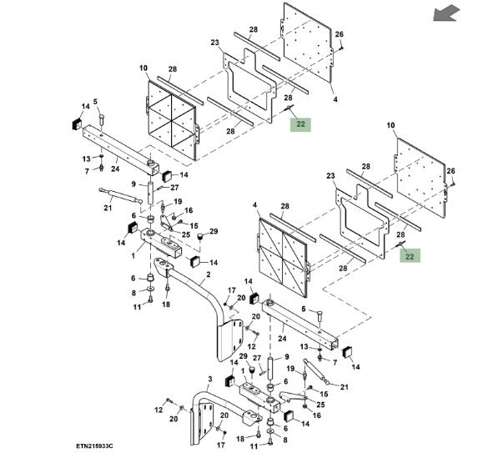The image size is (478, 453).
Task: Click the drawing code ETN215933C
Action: pos(94,446)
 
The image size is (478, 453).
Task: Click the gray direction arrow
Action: pos(446,13)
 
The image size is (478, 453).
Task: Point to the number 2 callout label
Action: pos(209,274)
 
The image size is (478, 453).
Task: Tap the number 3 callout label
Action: pos(210,380)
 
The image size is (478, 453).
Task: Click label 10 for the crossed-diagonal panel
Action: pos(143,68)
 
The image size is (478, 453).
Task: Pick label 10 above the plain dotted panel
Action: pos(390,125)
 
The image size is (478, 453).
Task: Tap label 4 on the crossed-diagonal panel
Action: pos(255,205)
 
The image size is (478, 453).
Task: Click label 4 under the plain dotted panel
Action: pos(335,99)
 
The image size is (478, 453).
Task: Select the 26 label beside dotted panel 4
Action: pos(340,34)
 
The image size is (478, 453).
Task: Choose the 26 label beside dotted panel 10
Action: pos(450,171)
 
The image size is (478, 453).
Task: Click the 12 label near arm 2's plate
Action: pos(251,346)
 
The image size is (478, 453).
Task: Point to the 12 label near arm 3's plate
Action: pos(158,410)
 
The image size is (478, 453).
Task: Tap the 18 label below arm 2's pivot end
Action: pos(166,304)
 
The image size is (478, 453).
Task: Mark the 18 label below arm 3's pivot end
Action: pos(240,439)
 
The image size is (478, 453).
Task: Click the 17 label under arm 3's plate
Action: pos(221,445)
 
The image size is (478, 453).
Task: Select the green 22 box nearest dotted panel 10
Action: pos(410,255)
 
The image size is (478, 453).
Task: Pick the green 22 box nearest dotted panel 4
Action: pos(300,124)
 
